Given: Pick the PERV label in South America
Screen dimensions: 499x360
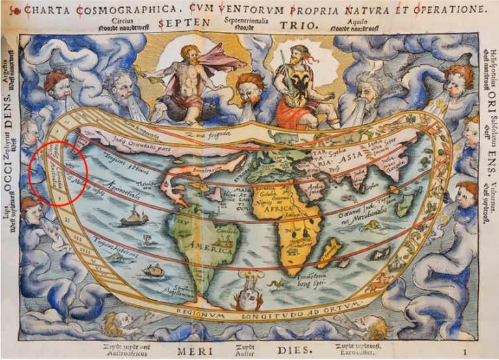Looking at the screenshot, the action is (x=177, y=220).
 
